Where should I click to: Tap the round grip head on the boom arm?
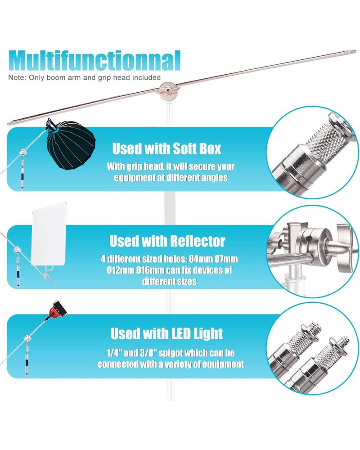[x=169, y=91]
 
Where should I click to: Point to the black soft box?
[x=71, y=145]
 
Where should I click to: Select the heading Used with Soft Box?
[x=166, y=148]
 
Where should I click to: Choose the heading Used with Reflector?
[x=167, y=241]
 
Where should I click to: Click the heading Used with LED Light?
[x=166, y=333]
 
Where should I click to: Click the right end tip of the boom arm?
[x=355, y=52]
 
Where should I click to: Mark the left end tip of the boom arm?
[x=9, y=124]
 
